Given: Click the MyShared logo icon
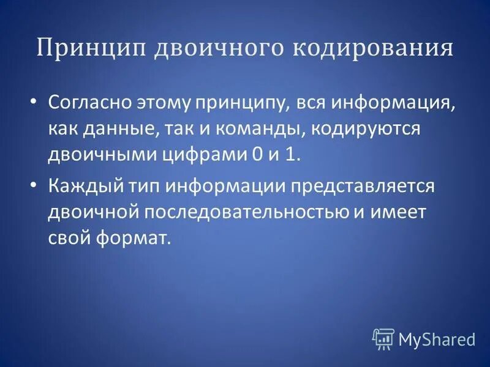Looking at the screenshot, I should (383, 338).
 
